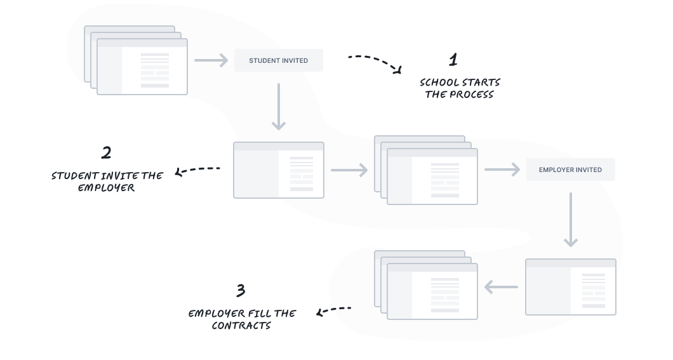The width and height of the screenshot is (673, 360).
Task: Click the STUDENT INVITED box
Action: tap(278, 60)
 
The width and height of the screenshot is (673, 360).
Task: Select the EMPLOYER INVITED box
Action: tap(570, 170)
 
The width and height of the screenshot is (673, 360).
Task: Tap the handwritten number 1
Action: tap(453, 60)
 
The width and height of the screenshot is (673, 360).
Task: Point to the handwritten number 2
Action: tap(106, 152)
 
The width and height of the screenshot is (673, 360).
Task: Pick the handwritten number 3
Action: tap(240, 291)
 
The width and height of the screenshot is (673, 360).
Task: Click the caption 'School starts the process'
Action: tap(460, 88)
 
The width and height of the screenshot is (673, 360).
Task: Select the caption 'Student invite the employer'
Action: tap(107, 182)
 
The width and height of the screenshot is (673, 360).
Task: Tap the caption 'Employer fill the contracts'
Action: tap(242, 319)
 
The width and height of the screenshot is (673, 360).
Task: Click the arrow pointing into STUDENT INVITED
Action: tap(211, 61)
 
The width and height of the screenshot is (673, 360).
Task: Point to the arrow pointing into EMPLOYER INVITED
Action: tap(502, 170)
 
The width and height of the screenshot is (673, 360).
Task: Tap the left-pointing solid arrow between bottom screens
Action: tap(501, 288)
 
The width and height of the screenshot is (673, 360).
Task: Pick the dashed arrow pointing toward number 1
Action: tap(375, 62)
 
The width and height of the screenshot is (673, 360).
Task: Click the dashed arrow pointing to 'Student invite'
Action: tap(197, 170)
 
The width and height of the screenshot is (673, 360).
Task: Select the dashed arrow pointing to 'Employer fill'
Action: tap(334, 310)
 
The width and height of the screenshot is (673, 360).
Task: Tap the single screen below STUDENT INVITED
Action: tap(278, 170)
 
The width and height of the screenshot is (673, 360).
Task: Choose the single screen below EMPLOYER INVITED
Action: tap(570, 287)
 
